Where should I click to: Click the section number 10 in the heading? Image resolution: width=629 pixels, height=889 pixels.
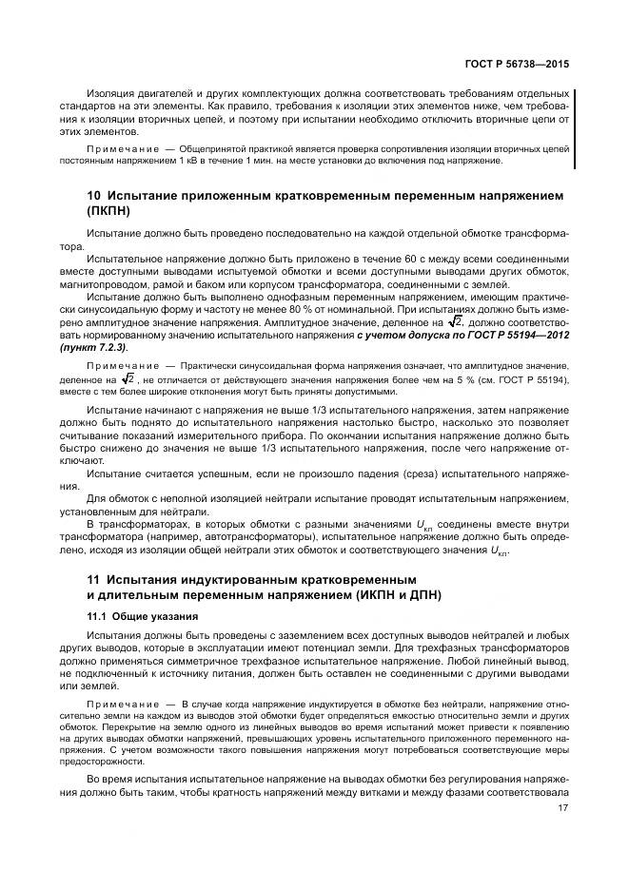point(93,196)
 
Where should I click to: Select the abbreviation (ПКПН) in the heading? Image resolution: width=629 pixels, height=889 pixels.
point(112,211)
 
